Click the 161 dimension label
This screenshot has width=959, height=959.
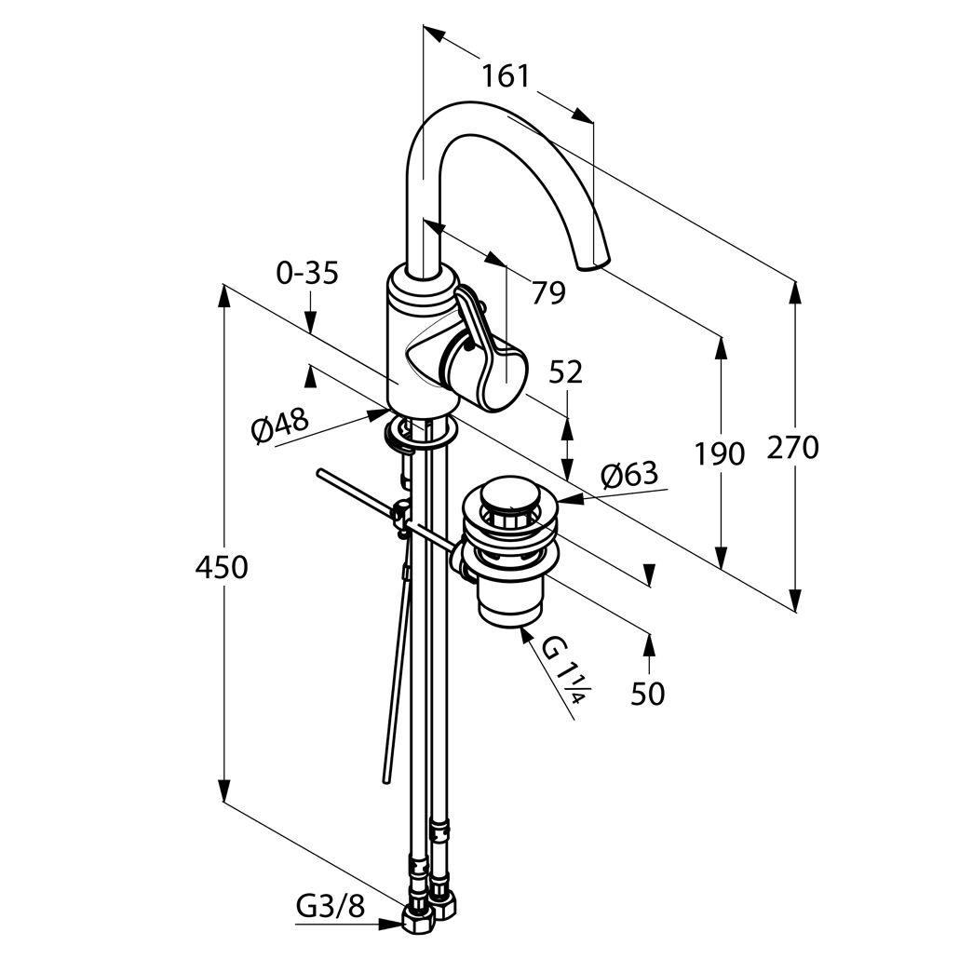pyautogui.click(x=506, y=76)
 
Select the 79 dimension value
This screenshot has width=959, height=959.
pyautogui.click(x=548, y=293)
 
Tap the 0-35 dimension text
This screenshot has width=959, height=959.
pyautogui.click(x=307, y=274)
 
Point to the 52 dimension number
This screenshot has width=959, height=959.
pyautogui.click(x=565, y=371)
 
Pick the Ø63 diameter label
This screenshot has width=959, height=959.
pyautogui.click(x=629, y=475)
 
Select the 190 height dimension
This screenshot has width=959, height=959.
pyautogui.click(x=720, y=453)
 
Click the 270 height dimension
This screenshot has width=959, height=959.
pyautogui.click(x=792, y=448)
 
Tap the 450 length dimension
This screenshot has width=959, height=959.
pyautogui.click(x=222, y=568)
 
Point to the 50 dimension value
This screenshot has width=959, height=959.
pyautogui.click(x=647, y=695)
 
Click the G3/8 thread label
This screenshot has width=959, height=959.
pyautogui.click(x=331, y=907)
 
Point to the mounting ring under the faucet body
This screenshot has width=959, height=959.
pyautogui.click(x=421, y=432)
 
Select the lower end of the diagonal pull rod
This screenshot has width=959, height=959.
pyautogui.click(x=385, y=780)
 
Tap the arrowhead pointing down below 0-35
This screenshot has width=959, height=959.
pyautogui.click(x=310, y=322)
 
